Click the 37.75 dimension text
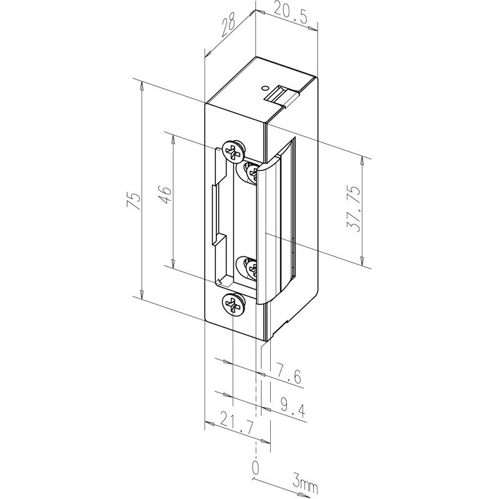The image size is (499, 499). (x=354, y=208)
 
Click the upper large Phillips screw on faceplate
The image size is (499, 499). (x=233, y=150)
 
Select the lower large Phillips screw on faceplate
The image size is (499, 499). (x=233, y=304)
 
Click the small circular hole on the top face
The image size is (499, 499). (x=263, y=87)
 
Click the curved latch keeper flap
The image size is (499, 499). (x=276, y=220)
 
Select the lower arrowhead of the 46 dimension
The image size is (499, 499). (x=173, y=263)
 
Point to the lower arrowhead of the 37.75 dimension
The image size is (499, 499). (x=362, y=261)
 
